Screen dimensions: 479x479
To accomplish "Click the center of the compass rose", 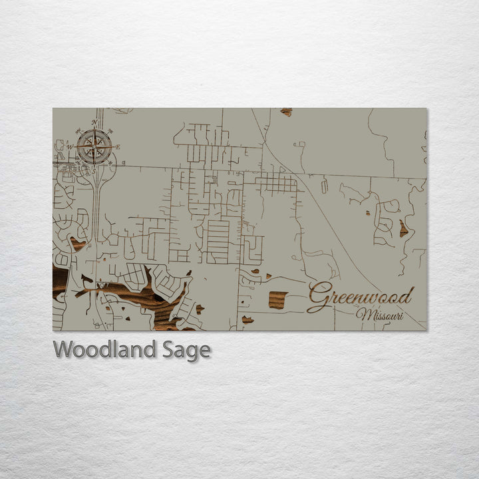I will click(94, 147).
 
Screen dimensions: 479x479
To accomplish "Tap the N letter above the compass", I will click(94, 122).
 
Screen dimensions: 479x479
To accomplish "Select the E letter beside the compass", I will click(118, 147).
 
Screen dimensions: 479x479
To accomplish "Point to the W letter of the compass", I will click(69, 147).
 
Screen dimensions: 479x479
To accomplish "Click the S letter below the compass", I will click(94, 171).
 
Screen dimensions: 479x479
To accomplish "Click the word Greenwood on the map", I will click(361, 297).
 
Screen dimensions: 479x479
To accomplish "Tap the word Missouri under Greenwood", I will click(380, 315).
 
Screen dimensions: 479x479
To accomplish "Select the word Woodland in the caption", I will click(106, 349).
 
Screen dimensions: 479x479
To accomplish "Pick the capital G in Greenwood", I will click(319, 297).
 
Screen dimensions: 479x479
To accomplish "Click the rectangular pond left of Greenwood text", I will click(277, 300).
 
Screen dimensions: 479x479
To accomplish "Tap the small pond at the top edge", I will click(286, 112).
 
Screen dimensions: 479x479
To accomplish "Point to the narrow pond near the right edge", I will click(403, 229).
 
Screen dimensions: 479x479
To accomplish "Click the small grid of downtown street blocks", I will click(275, 182).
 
